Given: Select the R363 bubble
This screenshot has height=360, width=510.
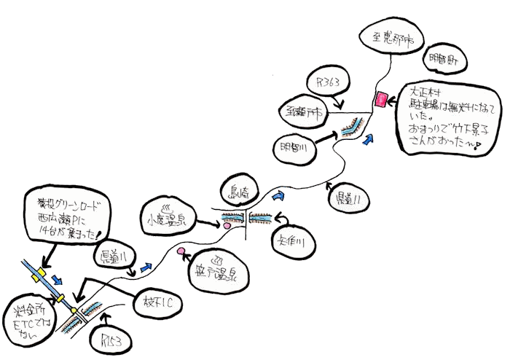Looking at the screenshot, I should pos(329,82).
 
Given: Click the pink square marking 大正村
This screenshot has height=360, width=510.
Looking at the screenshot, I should pos(380,100).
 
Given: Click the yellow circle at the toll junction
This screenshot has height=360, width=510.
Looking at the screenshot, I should pos(73,313).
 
